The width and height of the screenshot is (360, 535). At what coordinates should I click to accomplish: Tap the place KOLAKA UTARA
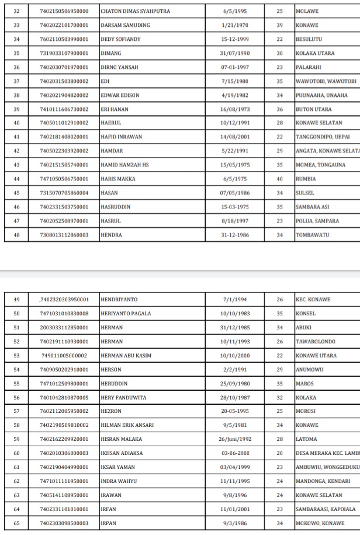[x=315, y=53]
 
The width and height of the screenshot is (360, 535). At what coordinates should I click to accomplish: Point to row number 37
[x=16, y=81]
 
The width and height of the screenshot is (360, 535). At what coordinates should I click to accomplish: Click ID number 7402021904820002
[x=64, y=95]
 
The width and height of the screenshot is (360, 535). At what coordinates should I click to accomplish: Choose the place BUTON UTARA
[x=314, y=109]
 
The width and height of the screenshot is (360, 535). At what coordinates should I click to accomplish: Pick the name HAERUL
[x=110, y=123]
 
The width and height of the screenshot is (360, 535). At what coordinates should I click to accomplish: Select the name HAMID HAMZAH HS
[x=124, y=165]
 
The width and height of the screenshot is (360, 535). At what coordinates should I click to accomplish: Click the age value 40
[x=280, y=179]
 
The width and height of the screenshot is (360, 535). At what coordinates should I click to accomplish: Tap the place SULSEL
[x=305, y=193]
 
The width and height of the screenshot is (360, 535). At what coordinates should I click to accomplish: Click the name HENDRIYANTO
[x=119, y=300]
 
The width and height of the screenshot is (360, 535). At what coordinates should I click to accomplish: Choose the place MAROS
[x=305, y=384]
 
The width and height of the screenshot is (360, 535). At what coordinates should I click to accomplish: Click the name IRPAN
[x=109, y=523]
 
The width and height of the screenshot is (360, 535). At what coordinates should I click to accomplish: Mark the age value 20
[x=280, y=453]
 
